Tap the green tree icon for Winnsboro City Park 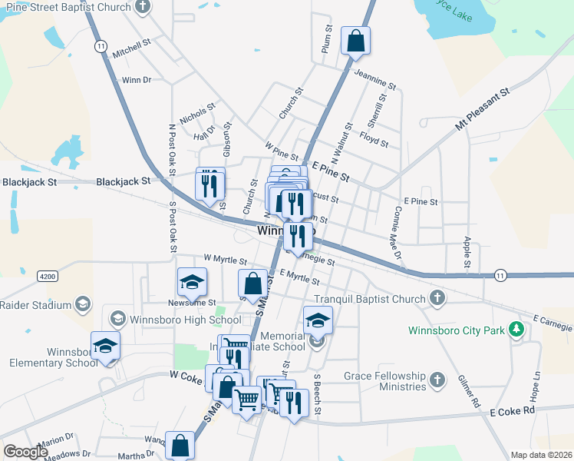[517, 330]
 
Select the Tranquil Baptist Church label [369, 299]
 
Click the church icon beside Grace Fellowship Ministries [437, 380]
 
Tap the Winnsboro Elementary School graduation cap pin [105, 345]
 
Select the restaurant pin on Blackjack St [209, 184]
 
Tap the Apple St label [467, 253]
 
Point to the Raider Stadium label [36, 304]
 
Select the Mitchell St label [131, 48]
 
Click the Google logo [25, 452]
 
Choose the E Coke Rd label [512, 412]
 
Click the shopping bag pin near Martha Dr [180, 446]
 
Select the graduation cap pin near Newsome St [192, 282]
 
